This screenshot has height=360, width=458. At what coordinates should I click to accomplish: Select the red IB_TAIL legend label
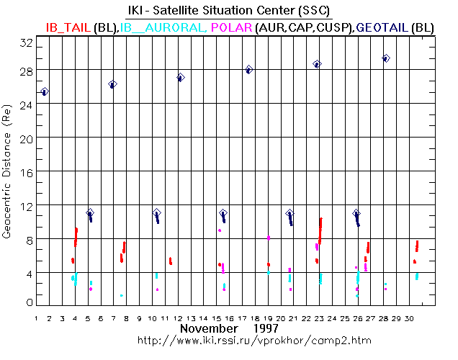click(68, 27)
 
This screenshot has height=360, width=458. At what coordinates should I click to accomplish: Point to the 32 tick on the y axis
click(26, 43)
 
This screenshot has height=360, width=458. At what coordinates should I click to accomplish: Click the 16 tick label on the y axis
click(26, 171)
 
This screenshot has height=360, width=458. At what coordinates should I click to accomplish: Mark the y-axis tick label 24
click(26, 104)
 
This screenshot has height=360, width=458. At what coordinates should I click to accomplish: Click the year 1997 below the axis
click(266, 328)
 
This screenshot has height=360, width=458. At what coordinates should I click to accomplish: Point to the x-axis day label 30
click(410, 317)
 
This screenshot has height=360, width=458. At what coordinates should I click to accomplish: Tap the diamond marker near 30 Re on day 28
click(386, 58)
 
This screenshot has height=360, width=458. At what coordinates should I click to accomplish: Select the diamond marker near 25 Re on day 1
click(45, 91)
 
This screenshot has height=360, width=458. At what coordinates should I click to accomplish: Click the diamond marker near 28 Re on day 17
click(249, 70)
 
